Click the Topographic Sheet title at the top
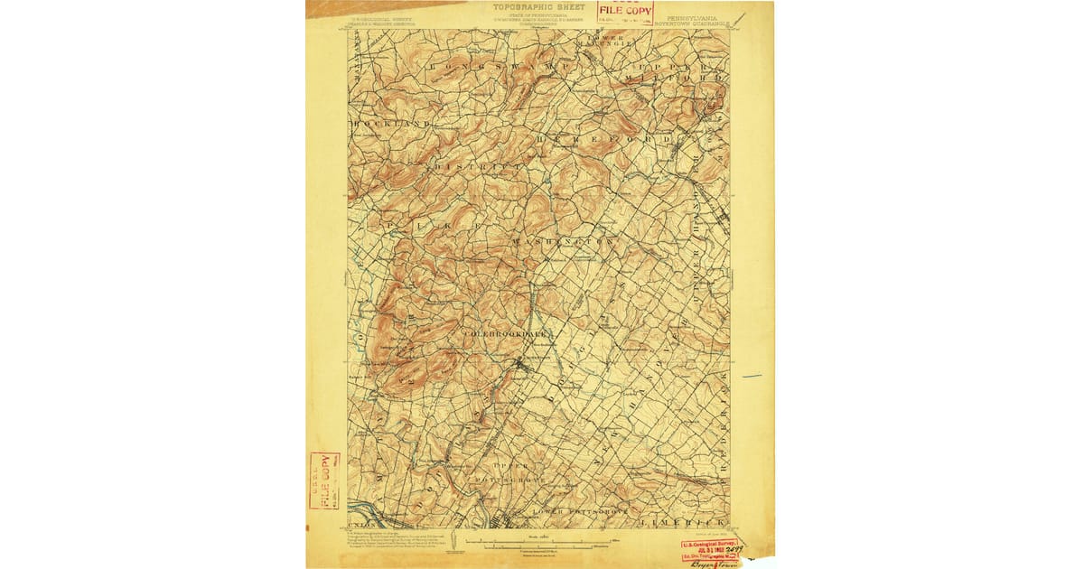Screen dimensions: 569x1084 point(538,7)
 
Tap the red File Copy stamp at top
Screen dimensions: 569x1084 point(625,12)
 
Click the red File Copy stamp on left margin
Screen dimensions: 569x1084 point(324,480)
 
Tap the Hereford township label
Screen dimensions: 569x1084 point(603,140)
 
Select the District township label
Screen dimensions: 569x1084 point(478,168)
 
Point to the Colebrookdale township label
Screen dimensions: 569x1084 point(506,334)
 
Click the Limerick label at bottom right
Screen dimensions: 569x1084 point(682,523)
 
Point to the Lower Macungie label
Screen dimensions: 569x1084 point(616,41)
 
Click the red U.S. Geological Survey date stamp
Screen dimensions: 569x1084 point(709,548)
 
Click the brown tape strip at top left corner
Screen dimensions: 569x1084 point(370,7)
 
